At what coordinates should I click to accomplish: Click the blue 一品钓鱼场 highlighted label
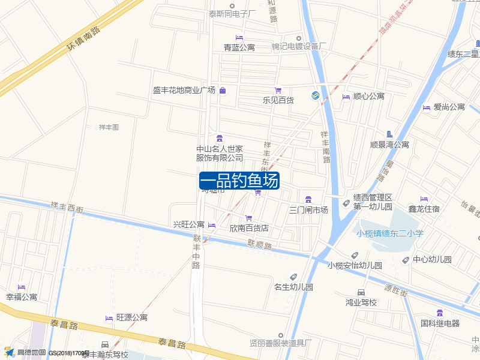(x=239, y=181)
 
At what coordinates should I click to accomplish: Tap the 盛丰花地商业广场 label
(x=184, y=91)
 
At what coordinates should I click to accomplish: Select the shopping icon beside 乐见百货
(x=278, y=90)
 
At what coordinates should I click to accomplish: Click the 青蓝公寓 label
(x=239, y=47)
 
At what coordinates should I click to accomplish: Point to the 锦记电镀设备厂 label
(x=299, y=47)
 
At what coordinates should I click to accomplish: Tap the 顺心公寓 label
(x=368, y=96)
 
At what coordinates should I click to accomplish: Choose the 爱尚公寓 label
(x=449, y=107)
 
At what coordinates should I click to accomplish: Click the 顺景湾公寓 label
(x=389, y=145)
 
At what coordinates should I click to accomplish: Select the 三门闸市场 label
(x=308, y=210)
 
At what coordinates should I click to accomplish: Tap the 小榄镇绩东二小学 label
(x=389, y=234)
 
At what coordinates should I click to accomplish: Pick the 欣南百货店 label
(x=249, y=229)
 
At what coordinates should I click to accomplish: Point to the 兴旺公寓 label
(x=189, y=225)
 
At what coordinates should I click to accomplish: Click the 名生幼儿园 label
(x=293, y=287)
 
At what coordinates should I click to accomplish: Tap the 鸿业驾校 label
(x=361, y=302)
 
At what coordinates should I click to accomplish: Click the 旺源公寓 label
(x=132, y=317)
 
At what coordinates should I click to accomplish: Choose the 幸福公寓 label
(x=22, y=297)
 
